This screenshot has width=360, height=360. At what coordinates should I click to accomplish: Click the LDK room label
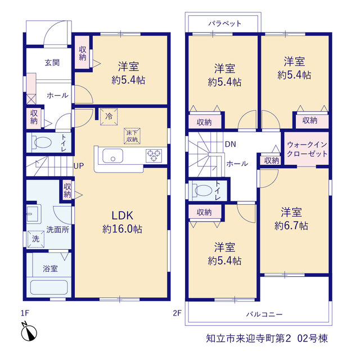tap(122, 215)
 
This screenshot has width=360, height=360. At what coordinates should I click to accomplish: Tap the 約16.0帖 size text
tap(122, 229)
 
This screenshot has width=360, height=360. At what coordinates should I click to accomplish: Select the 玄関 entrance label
tap(52, 62)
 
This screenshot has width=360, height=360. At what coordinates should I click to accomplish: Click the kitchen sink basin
tap(112, 156)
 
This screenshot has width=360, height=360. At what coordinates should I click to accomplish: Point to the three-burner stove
tap(154, 155)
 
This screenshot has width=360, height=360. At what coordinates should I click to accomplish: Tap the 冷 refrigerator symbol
tap(109, 116)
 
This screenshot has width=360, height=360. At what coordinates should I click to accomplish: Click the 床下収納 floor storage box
tap(132, 136)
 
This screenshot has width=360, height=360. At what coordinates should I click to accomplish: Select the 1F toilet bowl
tap(43, 142)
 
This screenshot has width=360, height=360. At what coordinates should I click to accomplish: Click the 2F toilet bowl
tap(203, 191)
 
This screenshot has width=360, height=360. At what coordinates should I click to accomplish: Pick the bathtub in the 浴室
tap(49, 287)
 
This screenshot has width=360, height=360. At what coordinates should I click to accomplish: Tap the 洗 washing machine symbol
tap(36, 239)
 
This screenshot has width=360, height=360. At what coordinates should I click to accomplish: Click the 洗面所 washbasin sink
tap(33, 214)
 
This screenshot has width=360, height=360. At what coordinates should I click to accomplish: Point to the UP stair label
tap(79, 166)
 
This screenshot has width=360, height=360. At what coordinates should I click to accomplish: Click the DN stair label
tap(231, 144)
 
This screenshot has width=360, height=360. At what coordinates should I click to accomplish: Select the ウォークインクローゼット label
tap(307, 149)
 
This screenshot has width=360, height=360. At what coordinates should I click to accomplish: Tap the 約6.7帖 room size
tap(291, 226)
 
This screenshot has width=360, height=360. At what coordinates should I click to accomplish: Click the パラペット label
tap(225, 24)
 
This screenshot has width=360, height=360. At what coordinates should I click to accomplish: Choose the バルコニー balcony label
tap(264, 314)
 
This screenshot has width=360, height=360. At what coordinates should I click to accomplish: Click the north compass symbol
tap(29, 332)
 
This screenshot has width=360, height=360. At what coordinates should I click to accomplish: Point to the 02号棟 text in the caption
tap(313, 339)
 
